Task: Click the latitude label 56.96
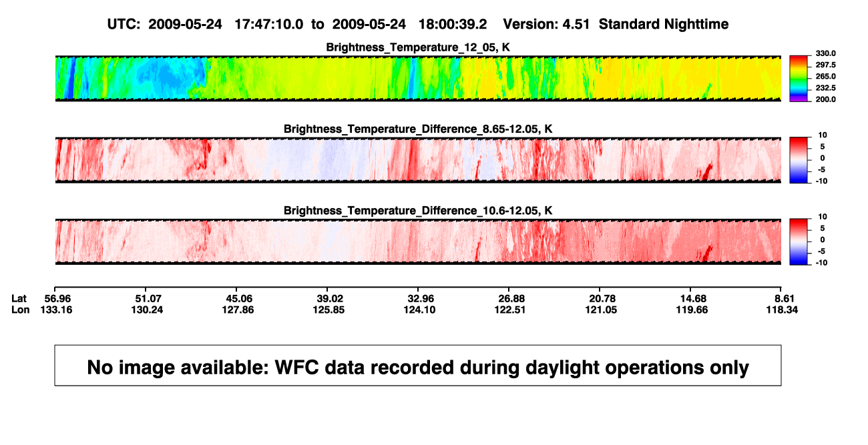click(x=57, y=299)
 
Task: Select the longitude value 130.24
click(x=147, y=310)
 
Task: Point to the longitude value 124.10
click(x=419, y=310)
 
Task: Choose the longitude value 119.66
click(x=692, y=310)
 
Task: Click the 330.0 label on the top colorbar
click(x=825, y=53)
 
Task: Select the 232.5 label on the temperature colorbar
click(x=825, y=88)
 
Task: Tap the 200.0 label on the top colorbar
click(x=825, y=99)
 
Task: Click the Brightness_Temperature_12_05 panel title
click(x=418, y=47)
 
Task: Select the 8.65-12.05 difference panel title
click(x=418, y=129)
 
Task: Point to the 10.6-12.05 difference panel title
click(x=418, y=211)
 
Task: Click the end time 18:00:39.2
click(x=453, y=24)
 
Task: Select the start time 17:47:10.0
click(x=269, y=24)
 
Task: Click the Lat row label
click(x=19, y=299)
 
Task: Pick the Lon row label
click(x=20, y=310)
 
